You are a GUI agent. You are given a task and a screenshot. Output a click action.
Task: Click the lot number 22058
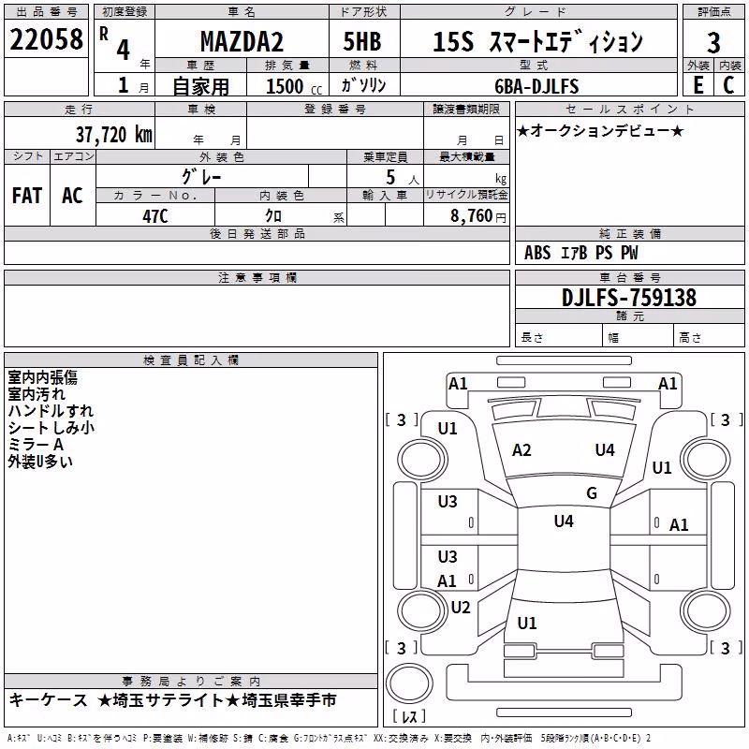[46, 39]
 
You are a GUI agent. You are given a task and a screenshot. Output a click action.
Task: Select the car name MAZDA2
[242, 41]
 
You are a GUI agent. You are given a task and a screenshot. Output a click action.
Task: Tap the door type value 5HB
[362, 41]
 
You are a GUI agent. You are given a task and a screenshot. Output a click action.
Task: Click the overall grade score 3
[713, 42]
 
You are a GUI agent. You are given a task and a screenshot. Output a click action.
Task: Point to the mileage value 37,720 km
[114, 135]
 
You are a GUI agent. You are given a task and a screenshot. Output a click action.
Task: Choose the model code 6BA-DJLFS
[536, 86]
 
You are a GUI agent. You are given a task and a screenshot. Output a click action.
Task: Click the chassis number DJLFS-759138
[629, 297]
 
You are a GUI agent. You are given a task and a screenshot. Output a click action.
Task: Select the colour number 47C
[155, 216]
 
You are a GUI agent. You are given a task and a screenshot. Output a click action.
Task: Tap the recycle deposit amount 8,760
[471, 215]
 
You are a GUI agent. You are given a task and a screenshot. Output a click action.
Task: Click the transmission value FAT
[27, 196]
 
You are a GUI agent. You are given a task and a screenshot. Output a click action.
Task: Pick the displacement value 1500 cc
[294, 86]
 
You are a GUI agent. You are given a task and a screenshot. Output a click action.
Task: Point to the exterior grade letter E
[698, 85]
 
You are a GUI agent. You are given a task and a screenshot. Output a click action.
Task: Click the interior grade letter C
[728, 85]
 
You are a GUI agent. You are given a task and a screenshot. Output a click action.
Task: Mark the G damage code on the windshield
[592, 492]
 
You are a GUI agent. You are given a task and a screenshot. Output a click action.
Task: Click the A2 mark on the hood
[521, 450]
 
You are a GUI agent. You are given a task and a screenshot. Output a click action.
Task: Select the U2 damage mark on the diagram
[461, 607]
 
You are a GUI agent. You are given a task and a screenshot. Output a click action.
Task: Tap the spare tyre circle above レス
[409, 683]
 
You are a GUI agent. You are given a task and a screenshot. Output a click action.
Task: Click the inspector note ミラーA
[36, 445]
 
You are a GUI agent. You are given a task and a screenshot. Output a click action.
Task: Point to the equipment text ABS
[537, 253]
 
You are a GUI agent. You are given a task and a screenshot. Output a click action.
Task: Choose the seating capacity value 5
[390, 177]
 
